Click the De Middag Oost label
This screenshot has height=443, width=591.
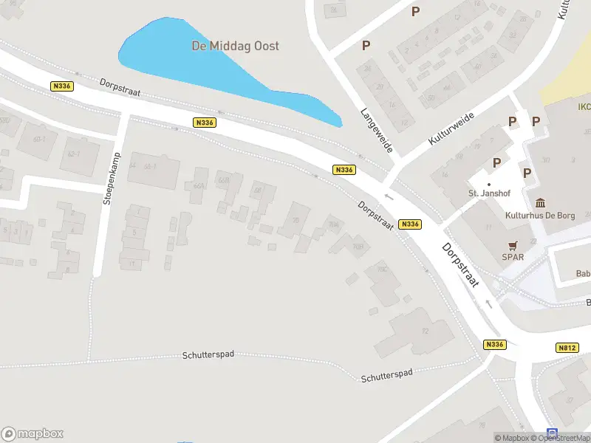pos(235,46)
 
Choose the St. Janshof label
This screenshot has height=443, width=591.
pos(485,193)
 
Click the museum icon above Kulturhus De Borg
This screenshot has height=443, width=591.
pos(540,203)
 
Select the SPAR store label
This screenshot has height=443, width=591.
pos(512,257)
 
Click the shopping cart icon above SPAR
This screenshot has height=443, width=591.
pos(512,246)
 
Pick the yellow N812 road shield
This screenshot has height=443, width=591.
pos(567,347)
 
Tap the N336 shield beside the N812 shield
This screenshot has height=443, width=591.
pos(495,345)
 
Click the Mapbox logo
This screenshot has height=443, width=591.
pos(33,433)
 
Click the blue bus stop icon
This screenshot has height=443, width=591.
pos(551,433)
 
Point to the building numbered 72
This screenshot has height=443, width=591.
pos(425,332)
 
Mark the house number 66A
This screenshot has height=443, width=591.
pos(198,187)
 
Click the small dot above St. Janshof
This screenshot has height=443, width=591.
pos(488,184)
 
